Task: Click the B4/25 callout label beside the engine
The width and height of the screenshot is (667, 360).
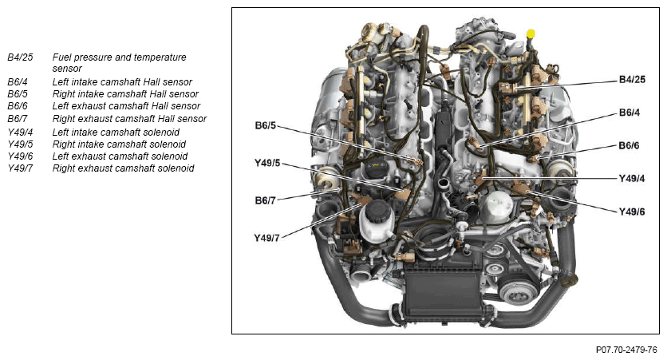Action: point(632,80)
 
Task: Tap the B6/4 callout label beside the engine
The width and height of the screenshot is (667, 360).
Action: point(630,113)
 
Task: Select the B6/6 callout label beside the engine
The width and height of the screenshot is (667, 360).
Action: point(629,145)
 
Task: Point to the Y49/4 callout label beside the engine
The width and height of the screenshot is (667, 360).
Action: point(631,179)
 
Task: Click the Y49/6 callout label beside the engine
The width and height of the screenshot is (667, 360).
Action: point(631,212)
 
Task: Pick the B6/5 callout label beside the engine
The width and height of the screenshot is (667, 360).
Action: point(266,125)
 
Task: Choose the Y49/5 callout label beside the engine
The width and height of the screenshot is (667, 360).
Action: point(267,163)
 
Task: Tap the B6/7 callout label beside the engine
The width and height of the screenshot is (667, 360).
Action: point(266,200)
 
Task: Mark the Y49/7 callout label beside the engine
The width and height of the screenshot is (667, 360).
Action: point(266,238)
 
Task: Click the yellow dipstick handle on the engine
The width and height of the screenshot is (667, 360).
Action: point(531,34)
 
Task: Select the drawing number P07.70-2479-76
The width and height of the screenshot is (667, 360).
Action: point(626,350)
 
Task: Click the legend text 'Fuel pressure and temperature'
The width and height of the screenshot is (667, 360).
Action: point(119,57)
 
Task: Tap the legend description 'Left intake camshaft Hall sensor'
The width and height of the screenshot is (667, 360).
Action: point(122,81)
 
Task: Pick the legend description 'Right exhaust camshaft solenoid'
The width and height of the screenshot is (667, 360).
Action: point(123,168)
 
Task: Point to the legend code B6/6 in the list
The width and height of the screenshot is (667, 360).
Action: point(18,106)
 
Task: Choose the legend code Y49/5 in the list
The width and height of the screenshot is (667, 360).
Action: point(20,144)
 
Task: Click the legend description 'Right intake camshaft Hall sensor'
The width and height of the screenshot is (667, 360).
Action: point(125,93)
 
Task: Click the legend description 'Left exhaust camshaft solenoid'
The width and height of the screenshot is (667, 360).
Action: point(120,156)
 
